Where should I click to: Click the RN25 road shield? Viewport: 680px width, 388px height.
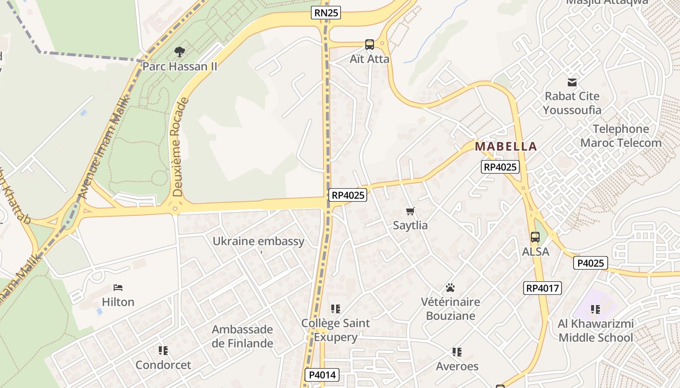click(x=326, y=13)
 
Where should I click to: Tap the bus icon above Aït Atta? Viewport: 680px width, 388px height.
click(x=370, y=45)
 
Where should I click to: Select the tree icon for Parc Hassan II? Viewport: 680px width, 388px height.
click(x=180, y=51)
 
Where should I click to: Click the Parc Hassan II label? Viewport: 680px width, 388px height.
click(x=180, y=66)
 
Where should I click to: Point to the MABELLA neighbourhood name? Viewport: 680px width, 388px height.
click(x=506, y=146)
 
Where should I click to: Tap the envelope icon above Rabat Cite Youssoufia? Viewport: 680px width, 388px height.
click(x=572, y=82)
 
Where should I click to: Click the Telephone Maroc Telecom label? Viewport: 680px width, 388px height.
click(x=621, y=136)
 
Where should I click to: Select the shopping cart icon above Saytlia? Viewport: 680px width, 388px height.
click(x=410, y=211)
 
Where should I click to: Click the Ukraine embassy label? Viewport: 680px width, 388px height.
click(x=258, y=241)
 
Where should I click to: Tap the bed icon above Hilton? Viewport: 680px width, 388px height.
click(x=118, y=288)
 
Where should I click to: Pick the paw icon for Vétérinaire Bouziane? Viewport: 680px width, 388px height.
click(x=450, y=288)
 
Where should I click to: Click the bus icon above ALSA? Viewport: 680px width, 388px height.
click(x=535, y=237)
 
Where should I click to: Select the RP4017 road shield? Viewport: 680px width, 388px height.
click(x=543, y=288)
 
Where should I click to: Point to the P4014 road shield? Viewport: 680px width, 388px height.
click(x=322, y=374)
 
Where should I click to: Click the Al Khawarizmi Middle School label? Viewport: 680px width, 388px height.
click(x=595, y=331)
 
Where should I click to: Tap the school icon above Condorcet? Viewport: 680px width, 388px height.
click(x=163, y=350)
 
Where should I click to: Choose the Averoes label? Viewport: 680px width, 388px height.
click(x=457, y=366)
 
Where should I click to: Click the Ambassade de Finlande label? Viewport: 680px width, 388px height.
click(x=242, y=336)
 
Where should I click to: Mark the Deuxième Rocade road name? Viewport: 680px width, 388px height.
click(x=180, y=147)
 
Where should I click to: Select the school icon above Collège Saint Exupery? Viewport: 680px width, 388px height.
click(x=335, y=308)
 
